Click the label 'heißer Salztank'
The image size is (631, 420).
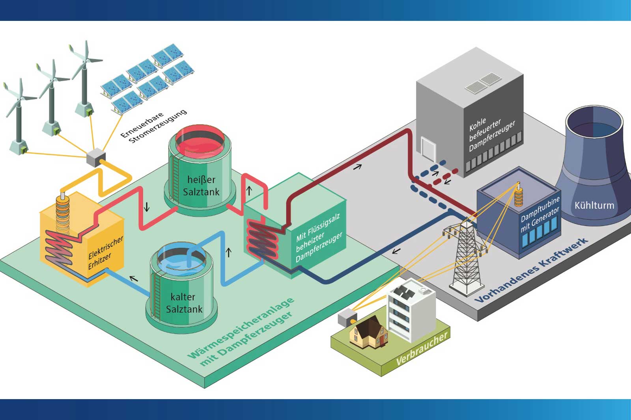(x=201, y=186)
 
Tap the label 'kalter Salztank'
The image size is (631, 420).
(x=183, y=303)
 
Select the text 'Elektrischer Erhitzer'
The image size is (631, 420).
(x=105, y=253)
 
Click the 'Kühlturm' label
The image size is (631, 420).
(x=594, y=205)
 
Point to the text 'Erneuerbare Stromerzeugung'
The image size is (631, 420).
(x=154, y=126)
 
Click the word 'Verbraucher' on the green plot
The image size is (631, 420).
(x=422, y=349)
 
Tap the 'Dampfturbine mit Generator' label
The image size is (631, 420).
(x=540, y=215)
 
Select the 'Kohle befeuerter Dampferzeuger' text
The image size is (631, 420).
(x=491, y=134)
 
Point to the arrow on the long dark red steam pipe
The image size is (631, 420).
(x=357, y=167)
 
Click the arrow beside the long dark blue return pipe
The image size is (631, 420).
(x=396, y=251)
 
